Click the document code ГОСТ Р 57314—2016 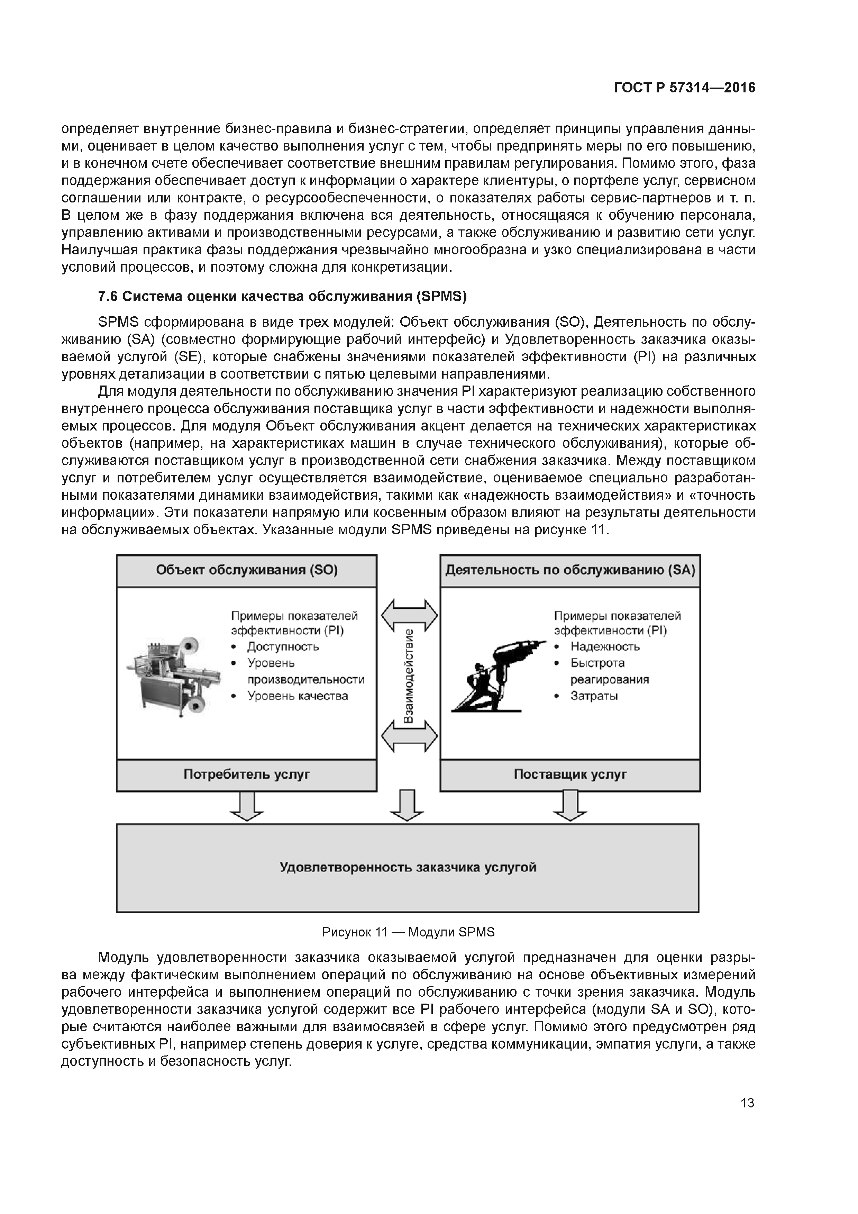pyautogui.click(x=685, y=88)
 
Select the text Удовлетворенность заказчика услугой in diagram pyautogui.click(x=408, y=868)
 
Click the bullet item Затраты pyautogui.click(x=594, y=696)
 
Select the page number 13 pyautogui.click(x=747, y=1103)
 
